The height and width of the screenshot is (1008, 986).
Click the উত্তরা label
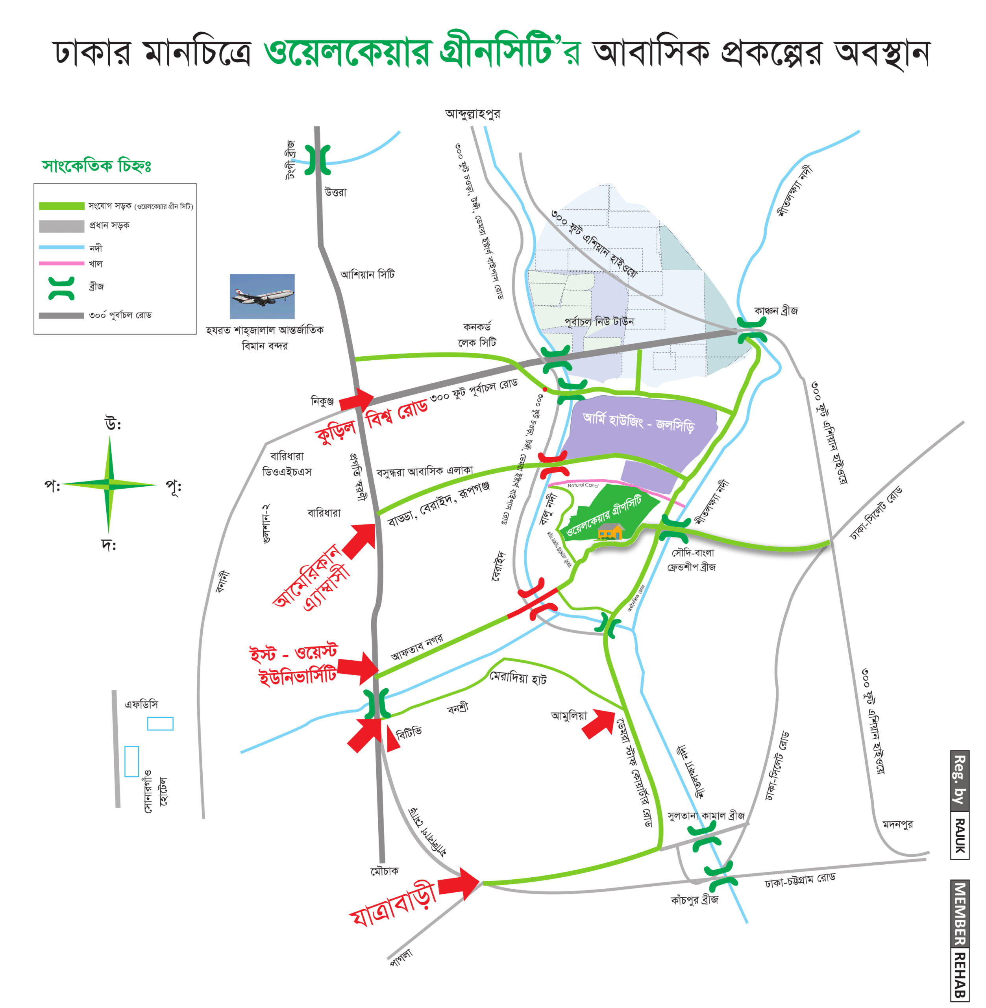coord(336,192)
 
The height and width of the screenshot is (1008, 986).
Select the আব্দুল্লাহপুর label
coord(472,113)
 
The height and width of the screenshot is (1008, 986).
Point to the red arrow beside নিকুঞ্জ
coord(356,399)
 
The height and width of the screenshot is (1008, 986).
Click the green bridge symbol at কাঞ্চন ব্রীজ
coord(752,330)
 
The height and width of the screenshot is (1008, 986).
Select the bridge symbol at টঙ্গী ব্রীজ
coord(317,160)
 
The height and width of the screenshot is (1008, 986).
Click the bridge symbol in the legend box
coord(61,288)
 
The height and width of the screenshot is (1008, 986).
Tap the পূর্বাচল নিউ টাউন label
coord(599,322)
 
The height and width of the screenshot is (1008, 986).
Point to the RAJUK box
coord(960,836)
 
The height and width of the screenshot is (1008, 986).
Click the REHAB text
coord(960,975)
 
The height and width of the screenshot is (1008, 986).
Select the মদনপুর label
coord(898,824)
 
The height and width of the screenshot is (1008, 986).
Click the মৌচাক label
coord(384,871)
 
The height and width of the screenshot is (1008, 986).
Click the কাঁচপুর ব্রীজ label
coord(694,900)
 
